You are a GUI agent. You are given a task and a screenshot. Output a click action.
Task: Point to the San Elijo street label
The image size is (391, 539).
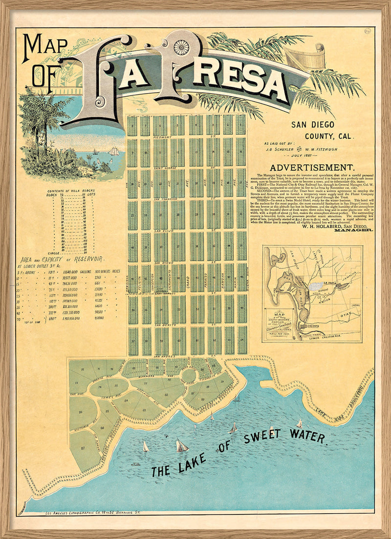pyautogui.click(x=164, y=230)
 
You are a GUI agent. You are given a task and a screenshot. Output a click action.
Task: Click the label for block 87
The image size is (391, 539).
pyautogui.click(x=83, y=447)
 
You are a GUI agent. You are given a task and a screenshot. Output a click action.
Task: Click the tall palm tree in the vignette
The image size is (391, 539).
pyautogui.click(x=42, y=112)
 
